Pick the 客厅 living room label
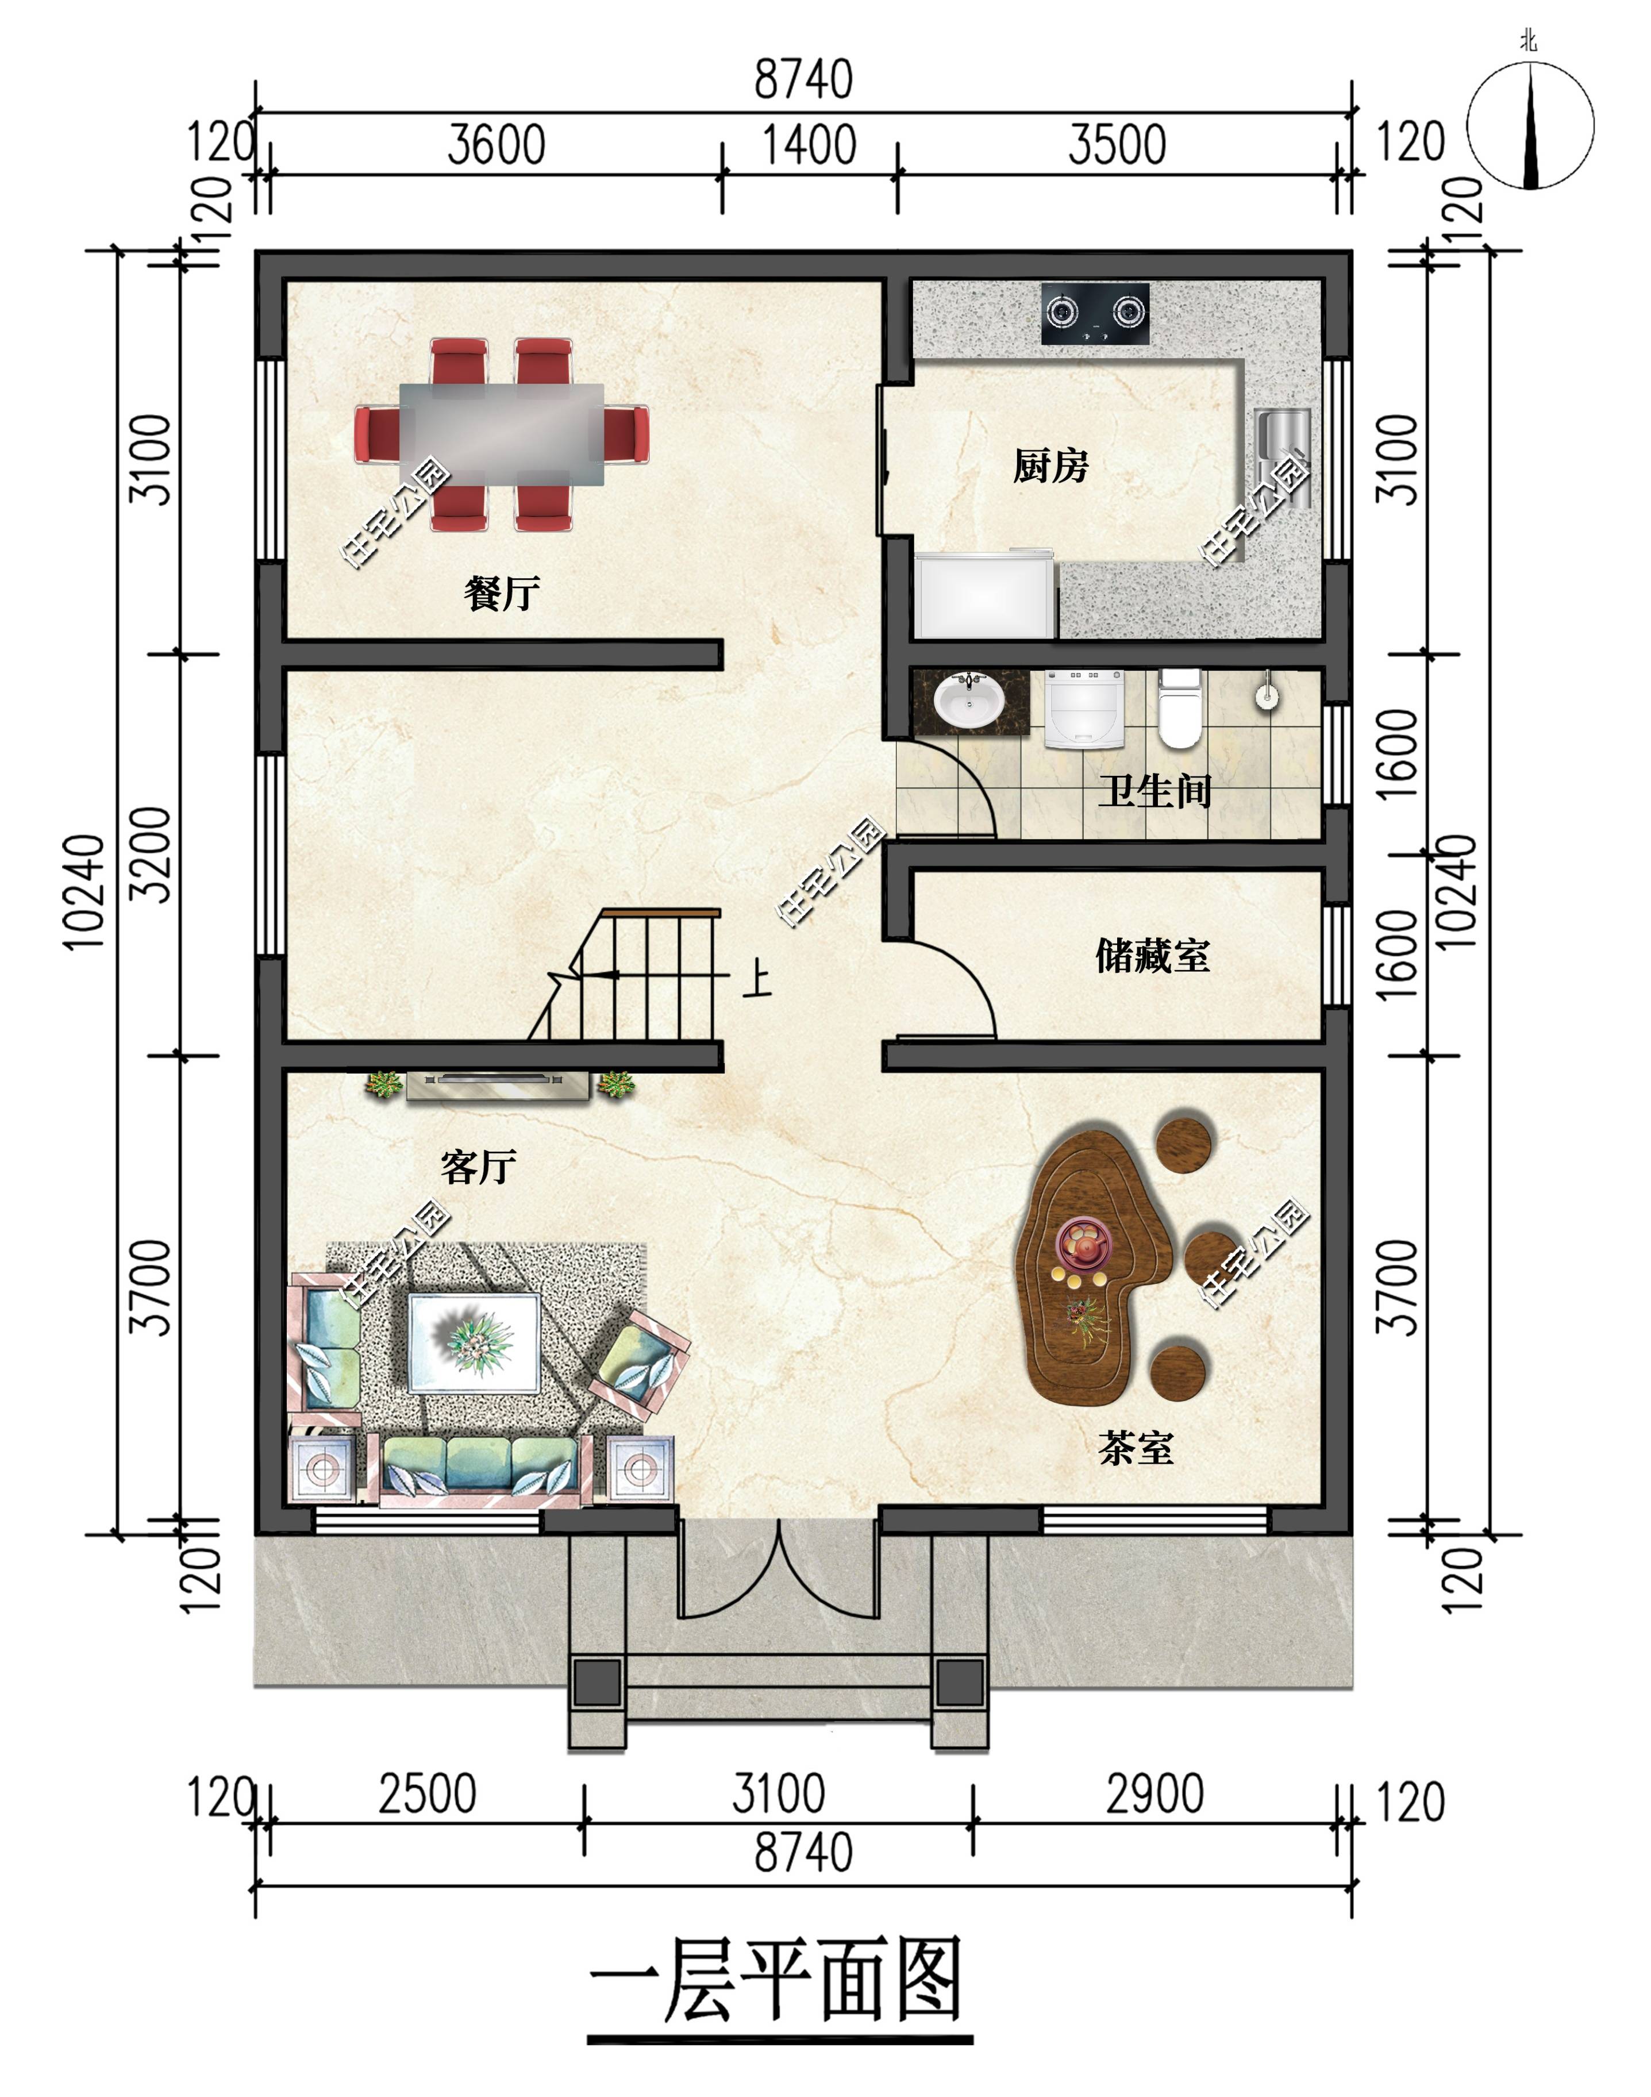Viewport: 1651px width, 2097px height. tap(479, 1167)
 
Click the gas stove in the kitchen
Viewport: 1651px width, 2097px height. tap(1095, 313)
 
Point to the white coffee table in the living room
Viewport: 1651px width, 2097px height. tap(474, 1343)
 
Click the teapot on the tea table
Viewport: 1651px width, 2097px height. tap(1082, 1242)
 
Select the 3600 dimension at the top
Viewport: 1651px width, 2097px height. tap(497, 145)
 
